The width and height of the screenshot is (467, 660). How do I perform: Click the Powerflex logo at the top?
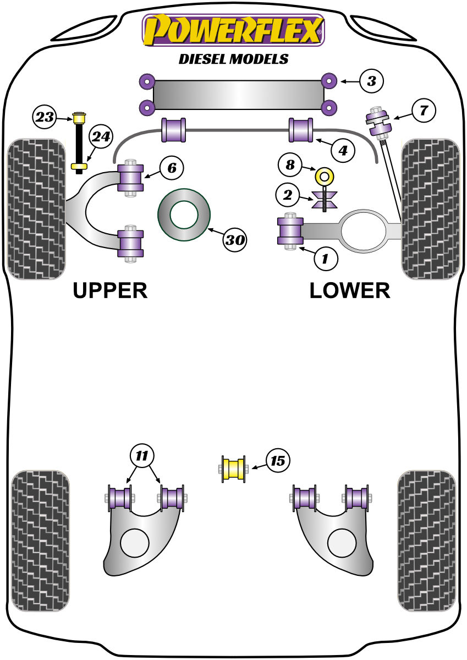pyautogui.click(x=233, y=30)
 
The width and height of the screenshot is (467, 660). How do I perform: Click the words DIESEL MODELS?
pyautogui.click(x=233, y=59)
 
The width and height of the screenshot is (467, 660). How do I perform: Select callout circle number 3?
pyautogui.click(x=371, y=82)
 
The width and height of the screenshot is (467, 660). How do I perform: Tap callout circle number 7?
pyautogui.click(x=423, y=111)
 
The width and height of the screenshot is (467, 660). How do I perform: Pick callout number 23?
pyautogui.click(x=45, y=117)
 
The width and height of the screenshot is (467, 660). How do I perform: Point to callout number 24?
pyautogui.click(x=100, y=137)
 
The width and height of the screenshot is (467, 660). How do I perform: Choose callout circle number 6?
pyautogui.click(x=172, y=167)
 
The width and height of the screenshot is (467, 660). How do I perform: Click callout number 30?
pyautogui.click(x=235, y=240)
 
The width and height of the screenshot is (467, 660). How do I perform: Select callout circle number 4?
pyautogui.click(x=343, y=150)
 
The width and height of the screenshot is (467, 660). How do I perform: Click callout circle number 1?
pyautogui.click(x=325, y=258)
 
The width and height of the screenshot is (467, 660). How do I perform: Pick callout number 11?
pyautogui.click(x=142, y=455)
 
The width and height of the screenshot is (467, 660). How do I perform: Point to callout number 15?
pyautogui.click(x=278, y=460)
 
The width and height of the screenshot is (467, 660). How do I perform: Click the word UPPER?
pyautogui.click(x=110, y=290)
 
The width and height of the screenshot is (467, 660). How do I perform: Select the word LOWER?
pyautogui.click(x=350, y=290)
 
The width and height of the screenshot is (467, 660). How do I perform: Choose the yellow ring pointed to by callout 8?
pyautogui.click(x=325, y=177)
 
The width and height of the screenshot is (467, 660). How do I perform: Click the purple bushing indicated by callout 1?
pyautogui.click(x=290, y=231)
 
